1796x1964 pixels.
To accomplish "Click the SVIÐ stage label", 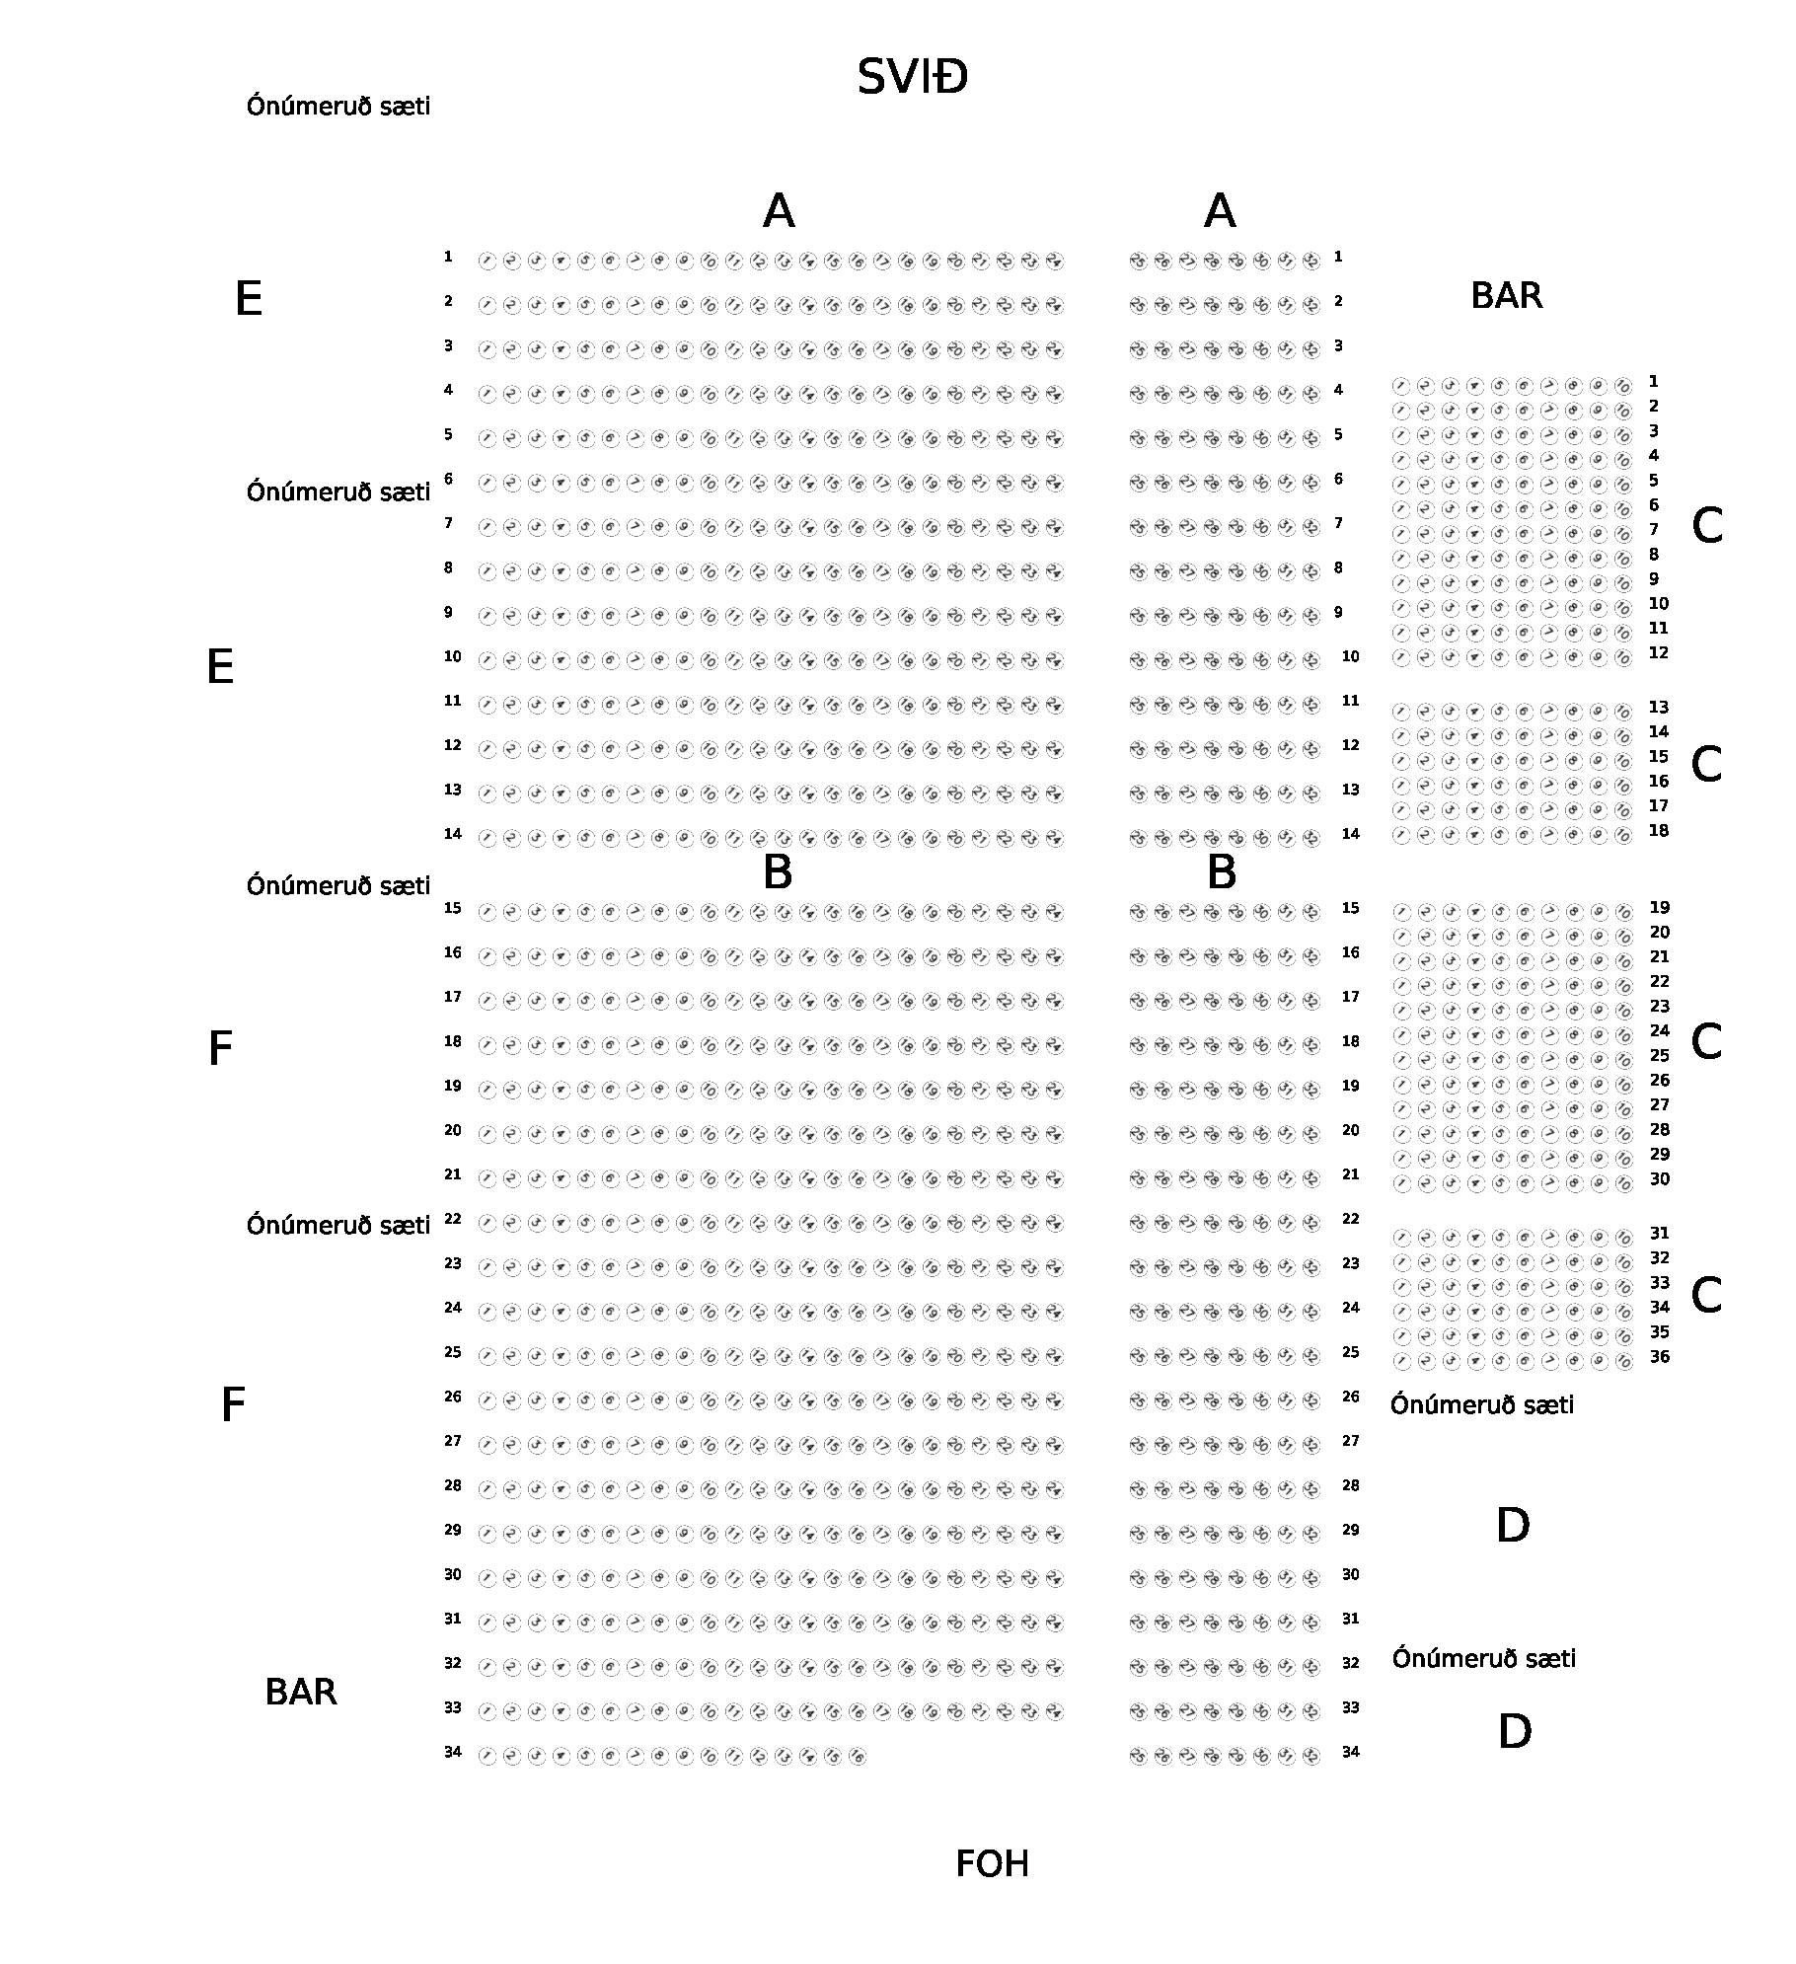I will pos(912,77).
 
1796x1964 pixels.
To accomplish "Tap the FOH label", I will pos(992,1863).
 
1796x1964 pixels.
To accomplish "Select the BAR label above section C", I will pos(1506,295).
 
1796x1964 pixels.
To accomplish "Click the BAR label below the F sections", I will pos(301,1692).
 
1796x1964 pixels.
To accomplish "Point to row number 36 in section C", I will pos(1660,1357).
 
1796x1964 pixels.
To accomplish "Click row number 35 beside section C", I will pos(1660,1332).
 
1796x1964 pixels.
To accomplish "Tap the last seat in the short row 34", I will pos(858,1757).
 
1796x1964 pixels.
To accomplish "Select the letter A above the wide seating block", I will pos(779,211).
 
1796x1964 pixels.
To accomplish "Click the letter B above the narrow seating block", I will pos(1221,872).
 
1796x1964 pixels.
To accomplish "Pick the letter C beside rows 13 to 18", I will pos(1706,764).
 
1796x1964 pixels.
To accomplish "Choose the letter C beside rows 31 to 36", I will pos(1706,1295).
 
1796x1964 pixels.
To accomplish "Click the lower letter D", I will pos(1514,1731).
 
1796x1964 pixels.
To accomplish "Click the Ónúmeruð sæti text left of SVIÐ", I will pos(338,106).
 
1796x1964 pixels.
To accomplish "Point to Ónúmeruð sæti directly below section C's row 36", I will pos(1482,1404).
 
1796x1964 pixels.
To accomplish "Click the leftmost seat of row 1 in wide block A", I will pos(486,262).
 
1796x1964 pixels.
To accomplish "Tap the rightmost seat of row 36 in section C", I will pos(1623,1362).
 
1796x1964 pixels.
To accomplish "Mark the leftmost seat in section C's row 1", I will pos(1400,386).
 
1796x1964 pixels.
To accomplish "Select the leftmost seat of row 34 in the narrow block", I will pos(1138,1757).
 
